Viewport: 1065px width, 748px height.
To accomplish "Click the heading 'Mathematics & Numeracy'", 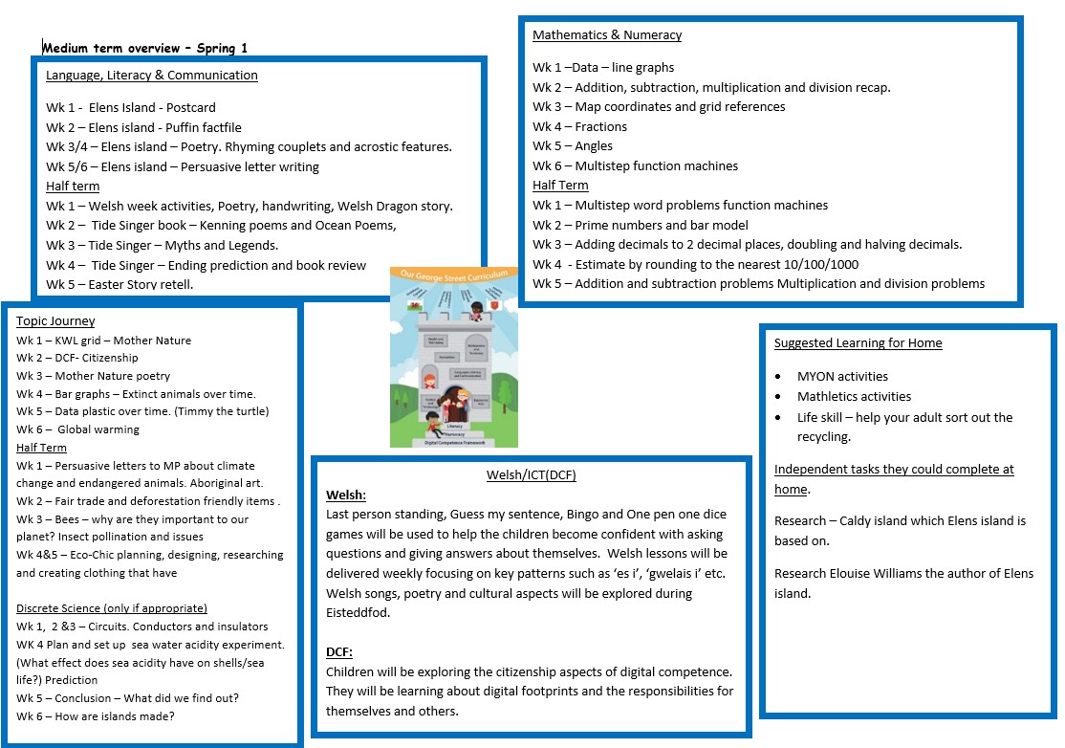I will pyautogui.click(x=607, y=35).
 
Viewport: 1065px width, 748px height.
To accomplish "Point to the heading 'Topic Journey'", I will pyautogui.click(x=55, y=321).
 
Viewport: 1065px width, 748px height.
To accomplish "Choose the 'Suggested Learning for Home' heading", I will pyautogui.click(x=858, y=343).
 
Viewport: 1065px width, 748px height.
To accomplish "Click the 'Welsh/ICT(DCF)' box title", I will pyautogui.click(x=531, y=475).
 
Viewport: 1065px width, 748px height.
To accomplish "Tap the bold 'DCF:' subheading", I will pyautogui.click(x=339, y=651).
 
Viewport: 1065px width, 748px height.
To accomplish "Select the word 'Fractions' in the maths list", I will pyautogui.click(x=601, y=127).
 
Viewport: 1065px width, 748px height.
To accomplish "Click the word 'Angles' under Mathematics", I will pyautogui.click(x=594, y=146).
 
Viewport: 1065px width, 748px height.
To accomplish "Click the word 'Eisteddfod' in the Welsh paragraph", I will pyautogui.click(x=359, y=612).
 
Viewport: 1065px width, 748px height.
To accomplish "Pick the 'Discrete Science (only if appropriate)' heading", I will pyautogui.click(x=112, y=608).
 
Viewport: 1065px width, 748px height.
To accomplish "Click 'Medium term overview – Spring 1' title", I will pyautogui.click(x=145, y=48).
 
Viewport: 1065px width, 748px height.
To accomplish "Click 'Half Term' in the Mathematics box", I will pyautogui.click(x=560, y=186).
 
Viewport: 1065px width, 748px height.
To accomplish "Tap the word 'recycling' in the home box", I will pyautogui.click(x=824, y=437).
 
